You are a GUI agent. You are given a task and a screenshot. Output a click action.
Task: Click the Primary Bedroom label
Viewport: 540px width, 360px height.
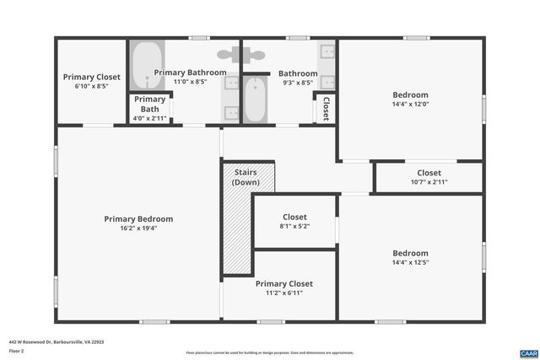pos(138,219)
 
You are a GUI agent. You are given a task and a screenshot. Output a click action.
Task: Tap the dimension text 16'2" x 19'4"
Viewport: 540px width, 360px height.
pos(138,228)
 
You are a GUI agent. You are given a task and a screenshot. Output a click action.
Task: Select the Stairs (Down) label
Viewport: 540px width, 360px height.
pos(246,178)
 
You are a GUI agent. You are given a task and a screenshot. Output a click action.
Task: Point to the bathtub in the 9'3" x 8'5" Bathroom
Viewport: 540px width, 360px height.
pos(255,99)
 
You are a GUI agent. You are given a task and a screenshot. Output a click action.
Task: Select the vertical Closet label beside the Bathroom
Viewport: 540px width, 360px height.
pos(326,108)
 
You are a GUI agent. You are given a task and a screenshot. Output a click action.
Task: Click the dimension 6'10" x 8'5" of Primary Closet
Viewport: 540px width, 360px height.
pos(91,87)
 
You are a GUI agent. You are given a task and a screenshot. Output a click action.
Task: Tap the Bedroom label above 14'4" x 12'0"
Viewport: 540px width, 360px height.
pos(410,94)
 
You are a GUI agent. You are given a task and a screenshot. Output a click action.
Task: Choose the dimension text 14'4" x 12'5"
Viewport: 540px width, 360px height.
pos(410,263)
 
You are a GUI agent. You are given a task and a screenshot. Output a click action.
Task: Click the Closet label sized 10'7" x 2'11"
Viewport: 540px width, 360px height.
pos(429,173)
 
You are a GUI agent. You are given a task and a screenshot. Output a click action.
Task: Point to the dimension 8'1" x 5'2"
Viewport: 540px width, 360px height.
pos(294,227)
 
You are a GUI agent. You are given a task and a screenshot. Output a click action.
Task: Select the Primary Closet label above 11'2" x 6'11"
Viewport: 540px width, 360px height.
pos(283,284)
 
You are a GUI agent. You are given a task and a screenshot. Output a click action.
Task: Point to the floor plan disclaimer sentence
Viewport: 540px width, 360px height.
pos(270,352)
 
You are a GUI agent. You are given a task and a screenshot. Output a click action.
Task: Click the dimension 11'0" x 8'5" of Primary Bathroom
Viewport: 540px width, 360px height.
pos(191,83)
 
